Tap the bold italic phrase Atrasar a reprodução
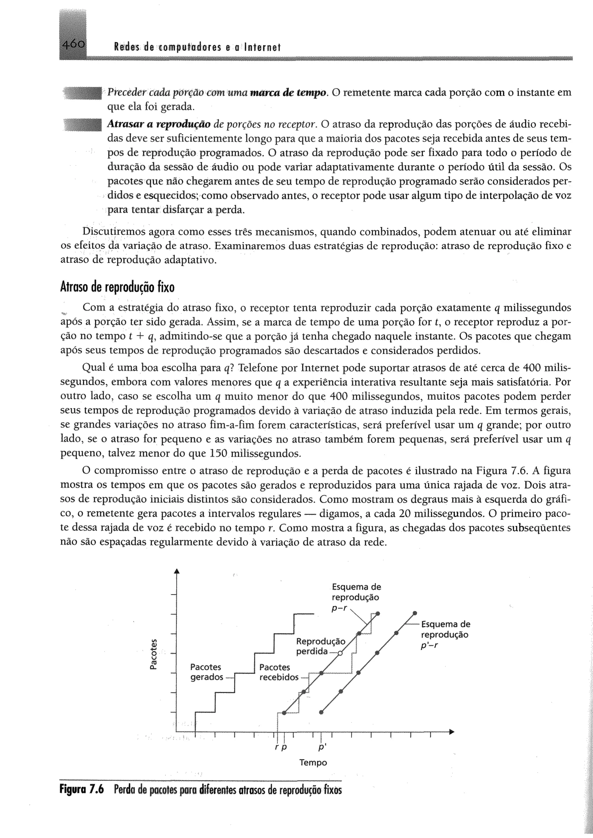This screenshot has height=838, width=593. pyautogui.click(x=159, y=124)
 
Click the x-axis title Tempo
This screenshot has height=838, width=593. pyautogui.click(x=313, y=763)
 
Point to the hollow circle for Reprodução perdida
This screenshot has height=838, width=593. pyautogui.click(x=340, y=653)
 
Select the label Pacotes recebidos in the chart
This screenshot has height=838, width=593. pyautogui.click(x=279, y=672)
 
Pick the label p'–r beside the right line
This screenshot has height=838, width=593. pyautogui.click(x=429, y=645)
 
